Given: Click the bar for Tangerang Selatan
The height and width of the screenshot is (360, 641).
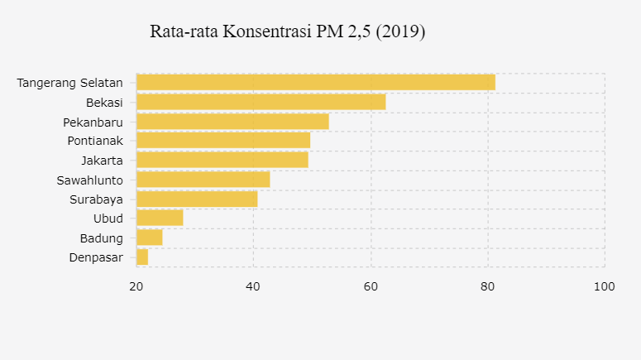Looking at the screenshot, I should tap(315, 82).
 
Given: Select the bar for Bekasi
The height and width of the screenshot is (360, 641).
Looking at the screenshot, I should tap(261, 102).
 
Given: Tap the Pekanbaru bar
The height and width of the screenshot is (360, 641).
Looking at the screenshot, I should tap(232, 122).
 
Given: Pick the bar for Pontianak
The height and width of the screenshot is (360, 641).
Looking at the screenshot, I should tap(223, 141).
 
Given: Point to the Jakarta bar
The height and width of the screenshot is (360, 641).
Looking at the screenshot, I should tap(222, 160).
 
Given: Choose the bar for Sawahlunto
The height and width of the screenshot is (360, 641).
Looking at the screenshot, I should tap(203, 180).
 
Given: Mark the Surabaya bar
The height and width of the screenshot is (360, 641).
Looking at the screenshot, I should tap(197, 199).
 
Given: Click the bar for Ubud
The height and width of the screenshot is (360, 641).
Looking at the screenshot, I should tap(160, 218).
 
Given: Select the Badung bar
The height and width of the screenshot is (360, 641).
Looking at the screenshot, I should tap(149, 238).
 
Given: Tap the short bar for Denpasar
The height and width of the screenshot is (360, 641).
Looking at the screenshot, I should tap(142, 257).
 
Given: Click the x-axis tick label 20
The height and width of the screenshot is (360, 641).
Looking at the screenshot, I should tap(136, 286).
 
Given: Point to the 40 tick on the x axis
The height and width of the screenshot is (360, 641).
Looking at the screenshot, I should tap(254, 286).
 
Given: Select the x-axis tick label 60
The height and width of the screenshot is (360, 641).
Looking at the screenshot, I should tap(371, 286).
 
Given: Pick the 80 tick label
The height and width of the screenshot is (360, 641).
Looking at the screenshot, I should tap(488, 286).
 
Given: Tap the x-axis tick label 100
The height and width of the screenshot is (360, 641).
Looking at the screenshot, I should tap(605, 286).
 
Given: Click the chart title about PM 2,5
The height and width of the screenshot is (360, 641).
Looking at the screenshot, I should tap(287, 32).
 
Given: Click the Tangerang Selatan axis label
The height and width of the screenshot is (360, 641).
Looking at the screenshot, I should tap(70, 83).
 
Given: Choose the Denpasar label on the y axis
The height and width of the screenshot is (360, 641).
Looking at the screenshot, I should tap(95, 257).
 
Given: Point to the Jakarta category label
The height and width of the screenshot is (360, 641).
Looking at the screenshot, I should tap(102, 161).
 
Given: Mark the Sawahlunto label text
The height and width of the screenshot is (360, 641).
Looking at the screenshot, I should tap(89, 180).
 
